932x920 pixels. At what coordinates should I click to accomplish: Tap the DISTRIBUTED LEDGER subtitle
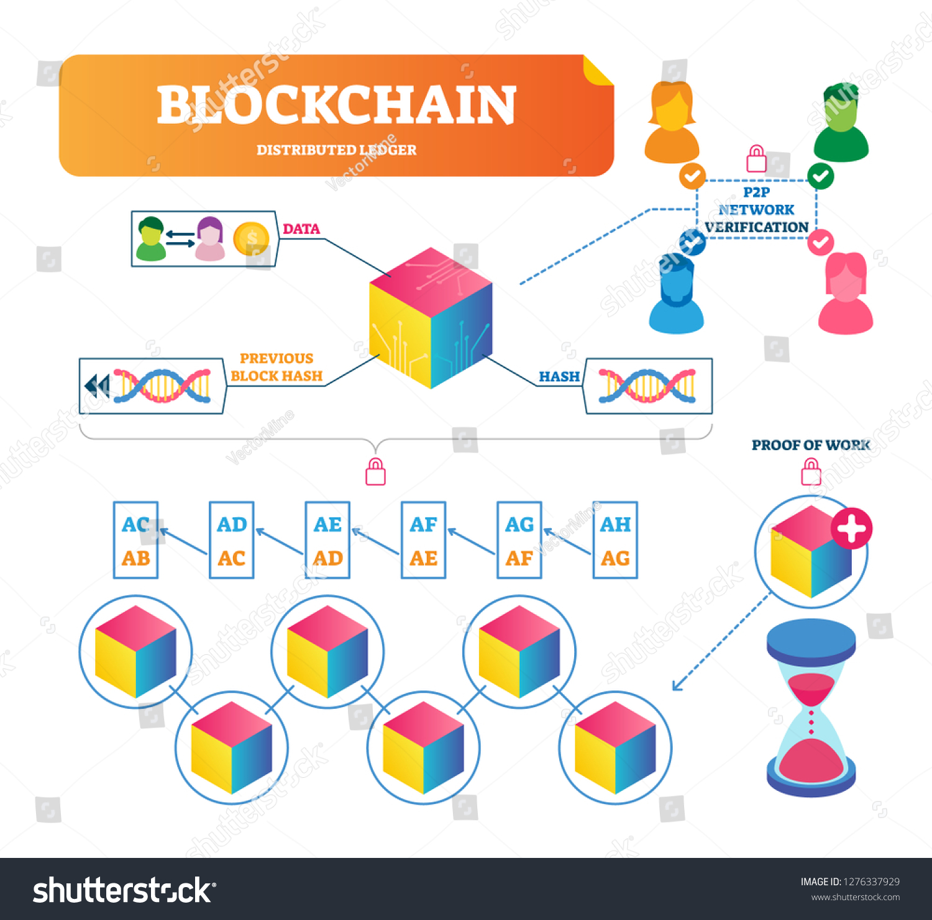click(336, 150)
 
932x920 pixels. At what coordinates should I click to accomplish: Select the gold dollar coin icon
click(251, 238)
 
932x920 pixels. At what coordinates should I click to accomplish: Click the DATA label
click(301, 229)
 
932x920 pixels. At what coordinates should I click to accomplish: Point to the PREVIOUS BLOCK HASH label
click(276, 367)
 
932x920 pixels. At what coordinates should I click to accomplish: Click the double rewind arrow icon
click(97, 386)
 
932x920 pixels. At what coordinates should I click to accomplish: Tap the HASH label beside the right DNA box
click(559, 377)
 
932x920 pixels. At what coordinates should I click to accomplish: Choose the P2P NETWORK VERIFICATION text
click(756, 210)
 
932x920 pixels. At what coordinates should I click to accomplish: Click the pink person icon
click(846, 294)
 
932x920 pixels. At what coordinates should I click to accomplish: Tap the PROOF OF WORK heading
click(811, 445)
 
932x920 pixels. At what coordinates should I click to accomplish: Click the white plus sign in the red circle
click(852, 528)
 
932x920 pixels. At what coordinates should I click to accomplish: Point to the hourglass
click(811, 708)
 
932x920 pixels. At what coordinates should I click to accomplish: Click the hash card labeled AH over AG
click(615, 540)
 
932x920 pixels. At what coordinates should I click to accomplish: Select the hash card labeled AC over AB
click(136, 540)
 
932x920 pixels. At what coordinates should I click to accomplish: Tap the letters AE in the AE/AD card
click(327, 525)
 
